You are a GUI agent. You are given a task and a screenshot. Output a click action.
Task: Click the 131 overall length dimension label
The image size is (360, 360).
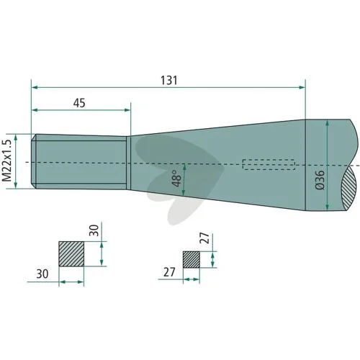pos(169,81)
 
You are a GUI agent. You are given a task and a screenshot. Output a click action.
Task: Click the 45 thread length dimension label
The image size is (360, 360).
pos(79,103)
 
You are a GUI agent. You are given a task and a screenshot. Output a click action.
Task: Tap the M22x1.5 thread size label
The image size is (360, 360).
pos(7,161)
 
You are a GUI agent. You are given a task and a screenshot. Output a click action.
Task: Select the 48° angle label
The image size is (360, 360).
pos(177,179)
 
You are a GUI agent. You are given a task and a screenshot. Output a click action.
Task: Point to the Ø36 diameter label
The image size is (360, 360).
pos(320,180)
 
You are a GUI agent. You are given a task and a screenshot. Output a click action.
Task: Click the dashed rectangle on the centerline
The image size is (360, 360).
pos(269,164)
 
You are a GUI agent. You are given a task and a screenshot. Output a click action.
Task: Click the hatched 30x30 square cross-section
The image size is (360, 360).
pos(71,254)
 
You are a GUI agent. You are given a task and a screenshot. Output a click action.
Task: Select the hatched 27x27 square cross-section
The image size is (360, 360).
pos(192,260)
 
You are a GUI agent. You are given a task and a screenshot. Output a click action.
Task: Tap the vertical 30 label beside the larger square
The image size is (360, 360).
pos(94,230)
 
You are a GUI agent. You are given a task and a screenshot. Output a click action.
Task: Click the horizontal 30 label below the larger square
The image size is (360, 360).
pos(42,274)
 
